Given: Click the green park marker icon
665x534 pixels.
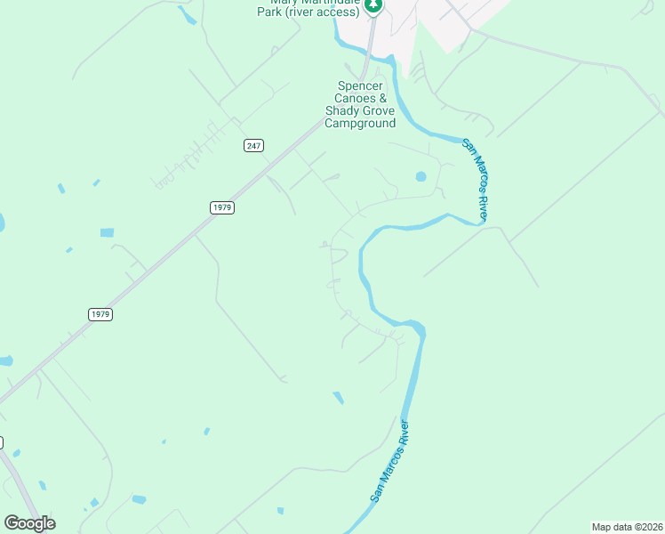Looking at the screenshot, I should tap(374, 5).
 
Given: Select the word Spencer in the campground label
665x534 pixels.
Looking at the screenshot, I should tap(359, 86).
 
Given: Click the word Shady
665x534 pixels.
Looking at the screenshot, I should tap(342, 111).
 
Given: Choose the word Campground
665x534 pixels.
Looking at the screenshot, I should tap(360, 124).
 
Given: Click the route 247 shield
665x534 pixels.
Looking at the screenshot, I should tap(253, 146).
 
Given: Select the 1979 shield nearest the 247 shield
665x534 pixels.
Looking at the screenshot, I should tap(222, 207).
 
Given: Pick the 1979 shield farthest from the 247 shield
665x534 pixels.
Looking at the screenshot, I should tap(100, 314).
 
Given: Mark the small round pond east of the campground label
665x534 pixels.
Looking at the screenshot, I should tap(421, 176).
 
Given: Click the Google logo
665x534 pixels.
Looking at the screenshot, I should tap(29, 522).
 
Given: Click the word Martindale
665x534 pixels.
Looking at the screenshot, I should tap(331, 3).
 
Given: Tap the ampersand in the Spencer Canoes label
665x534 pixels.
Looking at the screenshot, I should tap(383, 99).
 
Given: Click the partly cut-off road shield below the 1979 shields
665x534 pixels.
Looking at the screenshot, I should tap(1, 441).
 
